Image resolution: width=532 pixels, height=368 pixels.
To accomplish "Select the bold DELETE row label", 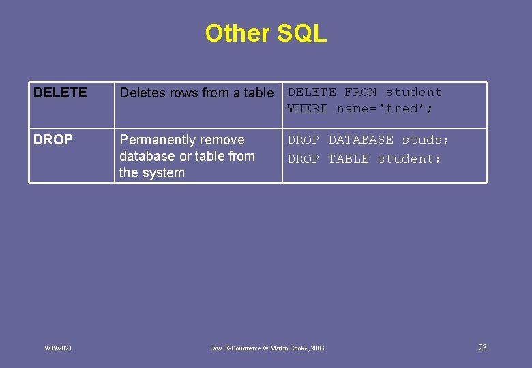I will coord(60,93).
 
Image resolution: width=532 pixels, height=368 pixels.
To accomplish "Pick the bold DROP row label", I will coord(53,140).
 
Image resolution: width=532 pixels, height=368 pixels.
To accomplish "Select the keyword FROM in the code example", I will coord(361,92).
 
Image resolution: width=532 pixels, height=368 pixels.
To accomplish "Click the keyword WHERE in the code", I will coord(308,108).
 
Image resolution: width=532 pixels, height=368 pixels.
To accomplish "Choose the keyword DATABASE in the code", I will coord(361,140).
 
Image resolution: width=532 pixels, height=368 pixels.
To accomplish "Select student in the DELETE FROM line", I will coord(414,92).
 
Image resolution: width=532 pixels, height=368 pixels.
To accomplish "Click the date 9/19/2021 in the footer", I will coord(59,348).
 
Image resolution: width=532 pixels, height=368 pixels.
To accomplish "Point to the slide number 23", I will coord(482,348).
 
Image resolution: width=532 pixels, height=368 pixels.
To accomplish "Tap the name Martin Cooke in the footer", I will coord(287,348).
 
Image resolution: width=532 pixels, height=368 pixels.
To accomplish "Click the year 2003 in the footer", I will coord(317,348).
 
